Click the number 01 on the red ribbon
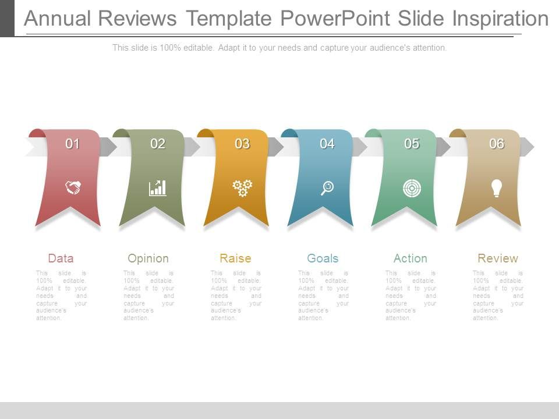coord(73,144)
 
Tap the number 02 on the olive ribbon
coord(158,144)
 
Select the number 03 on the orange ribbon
coord(242,144)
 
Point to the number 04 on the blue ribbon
coord(327,144)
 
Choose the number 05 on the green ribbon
coord(412,144)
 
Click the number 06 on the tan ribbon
coord(497,144)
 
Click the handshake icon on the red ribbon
coord(73,187)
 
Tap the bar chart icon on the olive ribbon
coord(157,187)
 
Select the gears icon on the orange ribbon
coord(242,187)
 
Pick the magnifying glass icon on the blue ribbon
coord(327,187)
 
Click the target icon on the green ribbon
coord(412,187)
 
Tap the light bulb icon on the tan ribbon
coord(496,187)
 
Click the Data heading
coord(61,258)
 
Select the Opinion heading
coord(148,258)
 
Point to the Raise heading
coord(235,258)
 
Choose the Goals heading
coord(323,258)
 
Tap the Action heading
coord(410,258)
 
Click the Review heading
coord(498,258)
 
